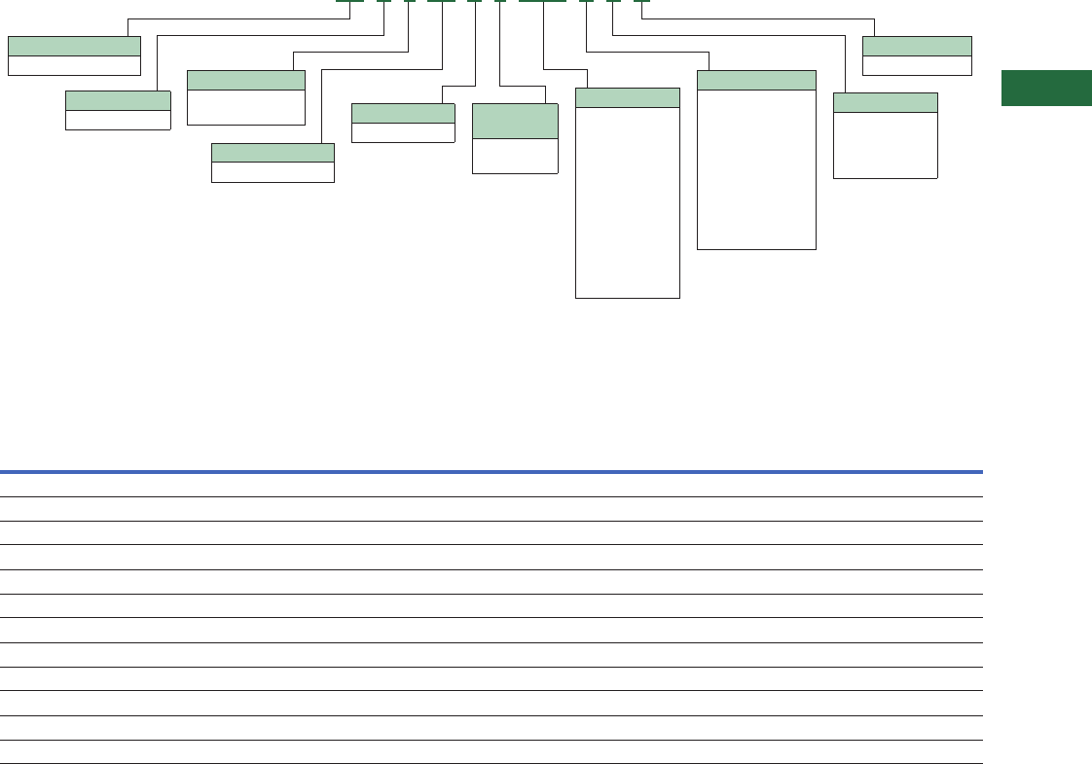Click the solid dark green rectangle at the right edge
point(1046,88)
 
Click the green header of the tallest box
point(627,97)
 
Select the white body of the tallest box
point(627,201)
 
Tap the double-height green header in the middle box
point(515,122)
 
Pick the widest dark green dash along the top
point(542,1)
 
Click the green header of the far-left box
point(74,46)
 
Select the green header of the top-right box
point(917,46)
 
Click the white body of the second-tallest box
point(756,169)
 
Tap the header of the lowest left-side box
point(273,152)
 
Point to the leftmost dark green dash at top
point(349,1)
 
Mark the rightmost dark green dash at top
point(641,1)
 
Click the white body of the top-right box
point(917,65)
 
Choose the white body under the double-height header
point(515,156)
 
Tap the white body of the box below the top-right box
point(885,145)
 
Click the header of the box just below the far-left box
point(118,100)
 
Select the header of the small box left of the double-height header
point(402,113)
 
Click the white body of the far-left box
point(74,65)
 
